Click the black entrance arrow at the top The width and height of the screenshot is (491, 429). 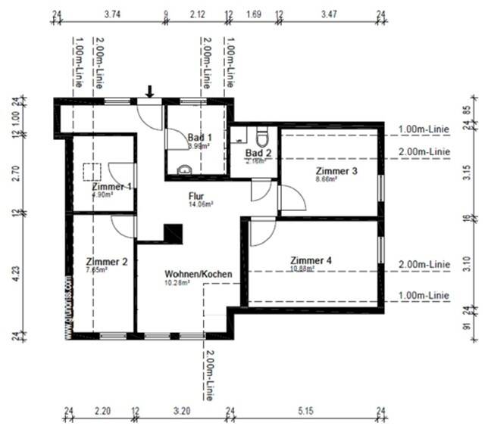pyautogui.click(x=149, y=92)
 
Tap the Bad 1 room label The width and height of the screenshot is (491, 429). pyautogui.click(x=200, y=137)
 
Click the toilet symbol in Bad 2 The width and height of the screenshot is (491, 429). pyautogui.click(x=262, y=138)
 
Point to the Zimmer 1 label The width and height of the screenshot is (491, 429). pyautogui.click(x=111, y=186)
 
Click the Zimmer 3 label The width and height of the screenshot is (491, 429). pyautogui.click(x=336, y=171)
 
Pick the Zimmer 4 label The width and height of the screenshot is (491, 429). pyautogui.click(x=311, y=260)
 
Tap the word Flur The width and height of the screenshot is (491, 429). pyautogui.click(x=196, y=195)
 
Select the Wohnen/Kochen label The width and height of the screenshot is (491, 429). pyautogui.click(x=198, y=274)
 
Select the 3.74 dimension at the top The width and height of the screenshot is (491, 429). pyautogui.click(x=111, y=14)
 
